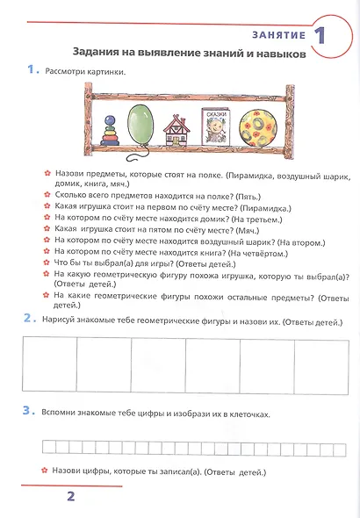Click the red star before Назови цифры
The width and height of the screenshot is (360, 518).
42,471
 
